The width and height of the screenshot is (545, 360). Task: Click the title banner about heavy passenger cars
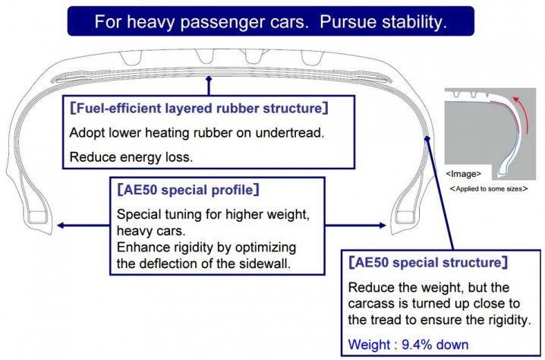pos(271,21)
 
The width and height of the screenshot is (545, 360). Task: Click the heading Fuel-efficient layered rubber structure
pos(199,108)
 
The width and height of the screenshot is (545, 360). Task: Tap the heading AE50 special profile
pos(188,190)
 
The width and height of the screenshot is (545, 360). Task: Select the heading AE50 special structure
pos(428,262)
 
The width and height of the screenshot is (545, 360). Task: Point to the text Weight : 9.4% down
pos(408,344)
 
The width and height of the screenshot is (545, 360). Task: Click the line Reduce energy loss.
pos(131,157)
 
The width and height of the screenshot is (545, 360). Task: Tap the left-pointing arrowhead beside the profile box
pos(61,226)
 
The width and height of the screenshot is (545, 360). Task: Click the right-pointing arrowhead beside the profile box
pos(383,226)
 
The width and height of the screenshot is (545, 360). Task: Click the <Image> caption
pos(464,174)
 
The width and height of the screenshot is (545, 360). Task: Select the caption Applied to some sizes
pos(489,189)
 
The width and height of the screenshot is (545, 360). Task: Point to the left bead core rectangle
pos(37,216)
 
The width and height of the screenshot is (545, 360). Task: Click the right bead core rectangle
pos(405,216)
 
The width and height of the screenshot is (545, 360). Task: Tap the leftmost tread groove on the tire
pos(131,58)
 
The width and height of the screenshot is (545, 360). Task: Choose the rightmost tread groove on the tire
pos(313,58)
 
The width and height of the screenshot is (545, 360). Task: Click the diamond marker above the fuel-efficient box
pos(209,79)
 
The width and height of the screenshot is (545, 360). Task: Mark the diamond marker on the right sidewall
pos(427,139)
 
